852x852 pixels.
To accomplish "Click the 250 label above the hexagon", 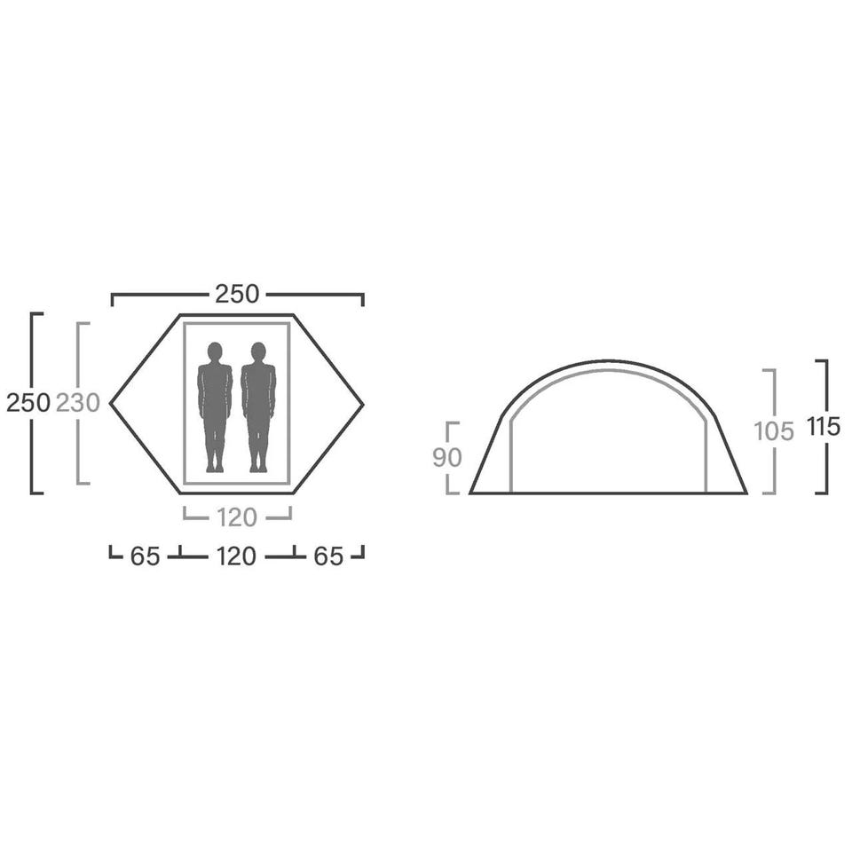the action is pyautogui.click(x=237, y=295).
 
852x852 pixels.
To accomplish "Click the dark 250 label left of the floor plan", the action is pyautogui.click(x=28, y=403).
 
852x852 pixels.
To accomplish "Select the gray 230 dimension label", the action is pyautogui.click(x=78, y=403).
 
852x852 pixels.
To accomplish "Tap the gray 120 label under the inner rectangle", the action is pyautogui.click(x=236, y=517).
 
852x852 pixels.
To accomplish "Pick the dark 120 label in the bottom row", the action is pyautogui.click(x=236, y=556).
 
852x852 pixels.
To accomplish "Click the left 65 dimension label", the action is pyautogui.click(x=145, y=556).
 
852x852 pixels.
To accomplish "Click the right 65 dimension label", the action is pyautogui.click(x=328, y=556).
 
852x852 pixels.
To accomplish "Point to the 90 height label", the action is pyautogui.click(x=447, y=458).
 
